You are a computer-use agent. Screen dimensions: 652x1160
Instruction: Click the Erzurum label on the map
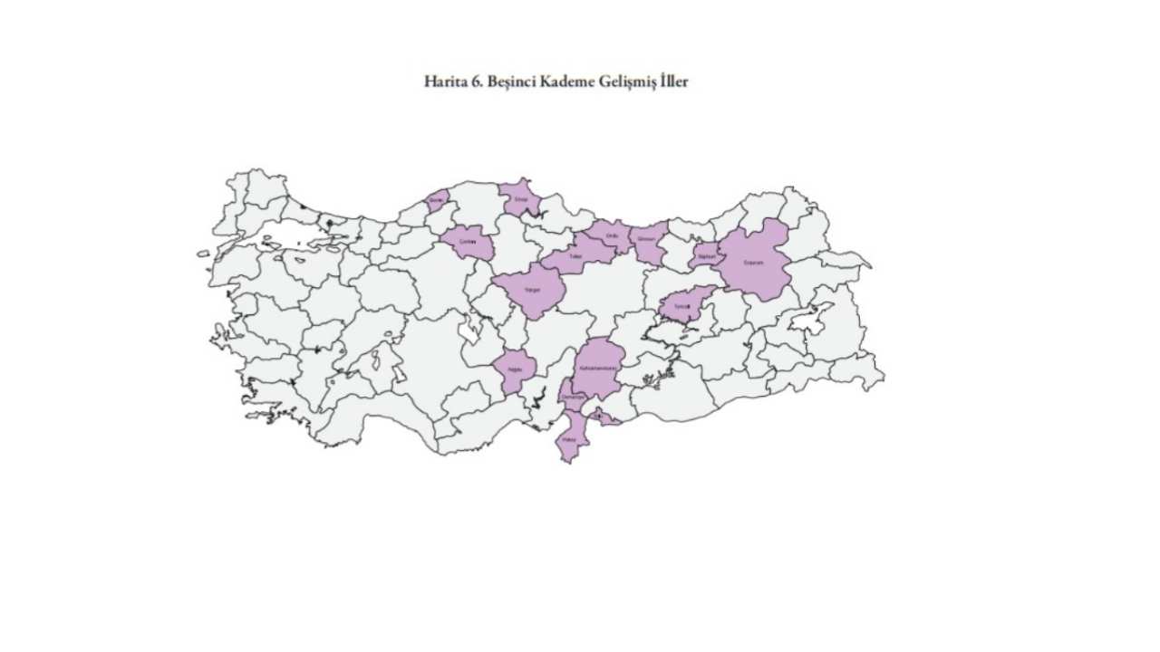[x=754, y=263]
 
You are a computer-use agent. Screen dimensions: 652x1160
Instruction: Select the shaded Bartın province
[x=437, y=200]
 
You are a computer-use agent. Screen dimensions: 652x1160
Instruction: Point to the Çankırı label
[x=468, y=243]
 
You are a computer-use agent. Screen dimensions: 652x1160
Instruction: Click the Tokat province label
[x=574, y=257]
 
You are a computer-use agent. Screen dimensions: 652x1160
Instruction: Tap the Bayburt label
[x=706, y=256]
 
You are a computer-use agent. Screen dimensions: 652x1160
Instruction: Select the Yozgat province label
[x=532, y=291]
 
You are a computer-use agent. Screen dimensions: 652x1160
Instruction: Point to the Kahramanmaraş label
[x=596, y=369]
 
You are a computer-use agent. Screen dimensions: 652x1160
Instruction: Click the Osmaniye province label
[x=575, y=397]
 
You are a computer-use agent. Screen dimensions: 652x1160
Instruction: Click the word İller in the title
[x=674, y=81]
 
